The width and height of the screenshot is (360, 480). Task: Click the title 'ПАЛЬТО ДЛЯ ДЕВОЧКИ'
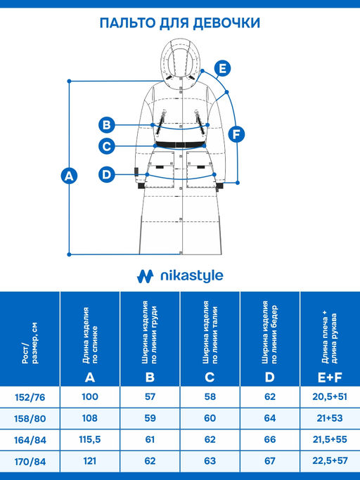coord(180,23)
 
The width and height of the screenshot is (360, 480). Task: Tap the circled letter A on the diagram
coord(69,176)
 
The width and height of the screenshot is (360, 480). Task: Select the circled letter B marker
coord(107,125)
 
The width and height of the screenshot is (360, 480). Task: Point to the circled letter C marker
coord(107,146)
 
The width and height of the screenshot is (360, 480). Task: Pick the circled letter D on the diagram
coord(107,174)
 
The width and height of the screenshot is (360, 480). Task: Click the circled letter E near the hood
coord(222,68)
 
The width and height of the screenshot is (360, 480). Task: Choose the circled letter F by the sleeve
coord(236,134)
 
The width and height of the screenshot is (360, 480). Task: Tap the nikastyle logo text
coord(192,276)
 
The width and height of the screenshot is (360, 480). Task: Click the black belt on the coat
coord(180,145)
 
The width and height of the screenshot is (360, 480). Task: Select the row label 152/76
coord(30,397)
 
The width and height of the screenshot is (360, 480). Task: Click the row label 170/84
coord(30,461)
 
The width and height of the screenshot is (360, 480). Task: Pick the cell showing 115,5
coord(90,440)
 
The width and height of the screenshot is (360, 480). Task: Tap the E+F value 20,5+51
coord(330,397)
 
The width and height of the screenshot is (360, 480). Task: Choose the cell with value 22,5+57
coord(330,461)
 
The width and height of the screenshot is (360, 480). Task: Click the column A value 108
coord(90,418)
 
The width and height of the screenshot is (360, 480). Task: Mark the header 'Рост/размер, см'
coord(30,343)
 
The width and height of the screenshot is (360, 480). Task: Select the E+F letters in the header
coord(330,378)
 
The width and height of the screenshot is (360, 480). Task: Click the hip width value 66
coord(270,440)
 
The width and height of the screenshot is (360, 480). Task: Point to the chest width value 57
coord(150,397)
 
